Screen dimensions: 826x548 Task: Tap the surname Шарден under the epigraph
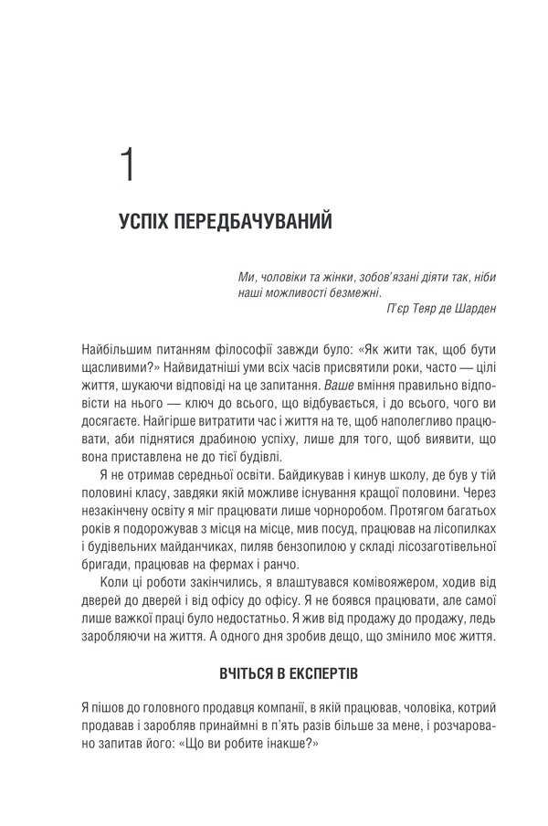point(472,310)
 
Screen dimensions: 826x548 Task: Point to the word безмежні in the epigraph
point(327,293)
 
